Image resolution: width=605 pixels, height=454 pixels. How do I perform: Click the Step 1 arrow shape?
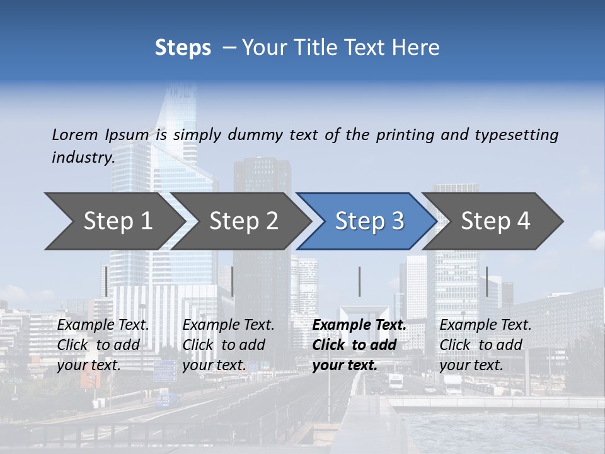pyautogui.click(x=117, y=221)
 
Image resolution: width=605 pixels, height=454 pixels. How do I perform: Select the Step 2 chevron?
pyautogui.click(x=243, y=221)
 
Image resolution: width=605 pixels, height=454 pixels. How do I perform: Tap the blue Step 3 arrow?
pyautogui.click(x=369, y=221)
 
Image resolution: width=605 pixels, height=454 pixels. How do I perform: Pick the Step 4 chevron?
pyautogui.click(x=495, y=221)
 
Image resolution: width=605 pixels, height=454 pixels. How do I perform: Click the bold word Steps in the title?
pyautogui.click(x=183, y=48)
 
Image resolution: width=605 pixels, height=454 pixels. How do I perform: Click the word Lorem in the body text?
pyautogui.click(x=75, y=134)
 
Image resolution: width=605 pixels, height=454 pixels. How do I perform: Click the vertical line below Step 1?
pyautogui.click(x=107, y=281)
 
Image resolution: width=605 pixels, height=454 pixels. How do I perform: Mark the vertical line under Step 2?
pyautogui.click(x=233, y=281)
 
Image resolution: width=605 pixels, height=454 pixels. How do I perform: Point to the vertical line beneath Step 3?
pyautogui.click(x=359, y=281)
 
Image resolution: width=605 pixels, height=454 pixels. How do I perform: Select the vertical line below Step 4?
pyautogui.click(x=487, y=281)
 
